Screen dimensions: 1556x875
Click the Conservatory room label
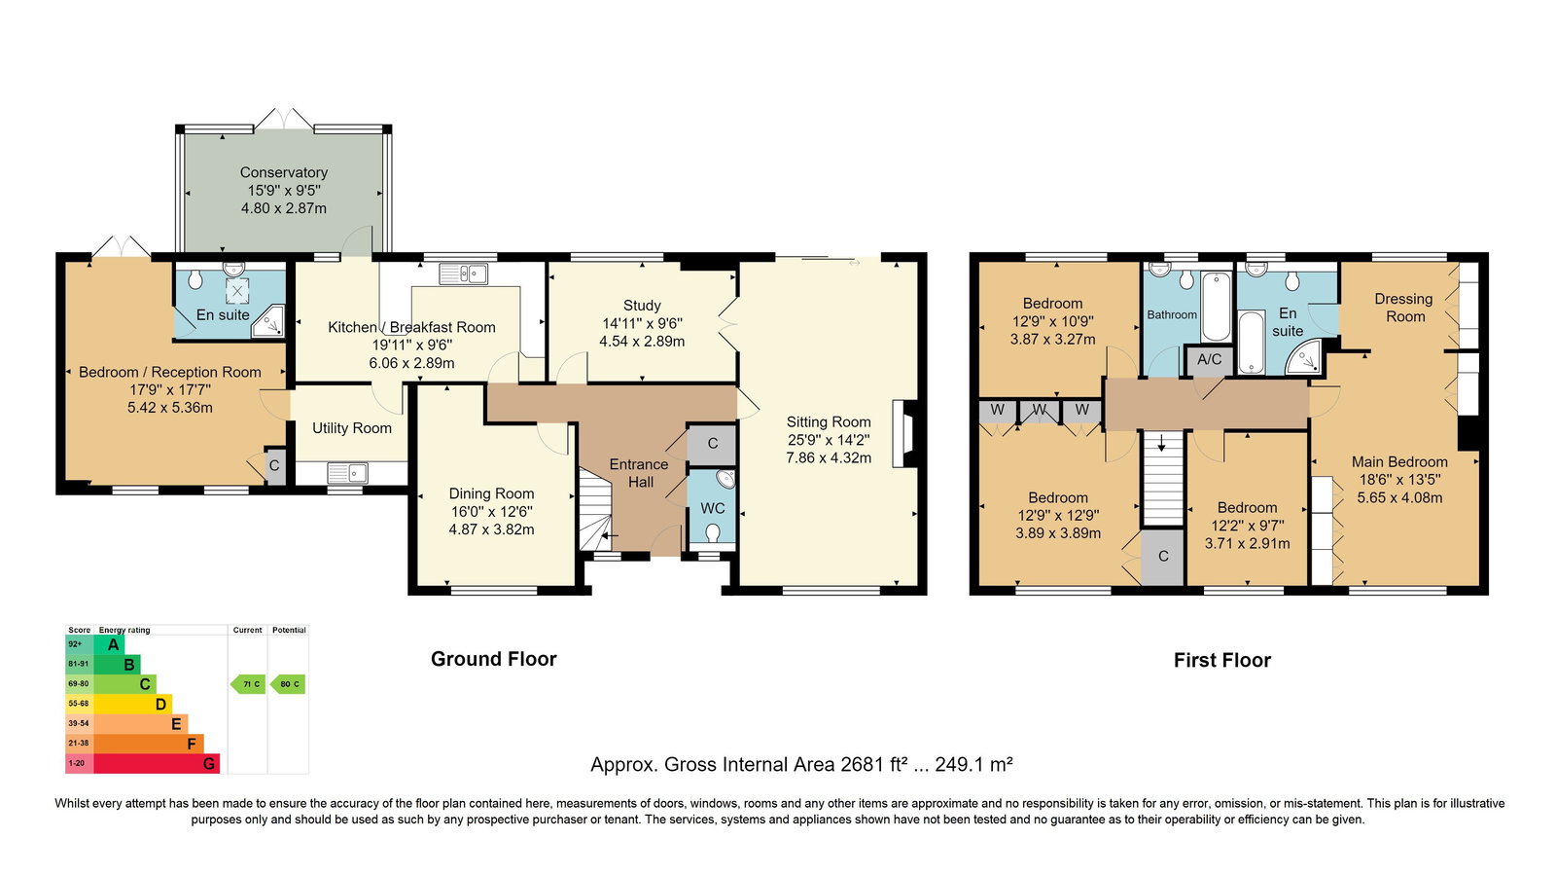pos(283,172)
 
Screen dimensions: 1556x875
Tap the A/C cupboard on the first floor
pos(1209,361)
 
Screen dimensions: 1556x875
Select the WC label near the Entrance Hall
pos(712,508)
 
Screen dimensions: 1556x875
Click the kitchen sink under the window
pos(463,273)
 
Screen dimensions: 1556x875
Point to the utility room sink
pos(347,473)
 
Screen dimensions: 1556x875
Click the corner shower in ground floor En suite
pos(268,322)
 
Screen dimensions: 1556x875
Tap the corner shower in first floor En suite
pos(1304,357)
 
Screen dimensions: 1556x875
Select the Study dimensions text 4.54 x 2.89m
pos(642,342)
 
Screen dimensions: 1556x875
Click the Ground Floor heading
pos(494,659)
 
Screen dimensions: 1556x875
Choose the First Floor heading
pos(1221,660)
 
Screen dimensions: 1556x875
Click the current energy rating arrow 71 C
pos(248,684)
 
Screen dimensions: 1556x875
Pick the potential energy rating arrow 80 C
pos(288,684)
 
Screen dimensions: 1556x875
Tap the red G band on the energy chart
pos(157,764)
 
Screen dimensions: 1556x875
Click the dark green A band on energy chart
pos(109,644)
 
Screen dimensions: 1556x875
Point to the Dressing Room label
pos(1404,308)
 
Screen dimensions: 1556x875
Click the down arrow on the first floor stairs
pos(1161,443)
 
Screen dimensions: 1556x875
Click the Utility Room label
pos(351,428)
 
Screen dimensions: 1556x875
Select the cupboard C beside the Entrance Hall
pos(711,444)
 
